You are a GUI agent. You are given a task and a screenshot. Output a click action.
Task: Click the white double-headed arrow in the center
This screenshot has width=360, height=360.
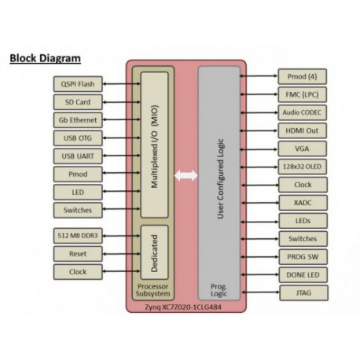coord(186,178)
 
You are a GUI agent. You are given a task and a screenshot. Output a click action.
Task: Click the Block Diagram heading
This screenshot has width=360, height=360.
coord(46,59)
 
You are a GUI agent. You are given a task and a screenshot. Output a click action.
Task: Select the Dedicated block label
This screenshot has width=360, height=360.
coord(155,255)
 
